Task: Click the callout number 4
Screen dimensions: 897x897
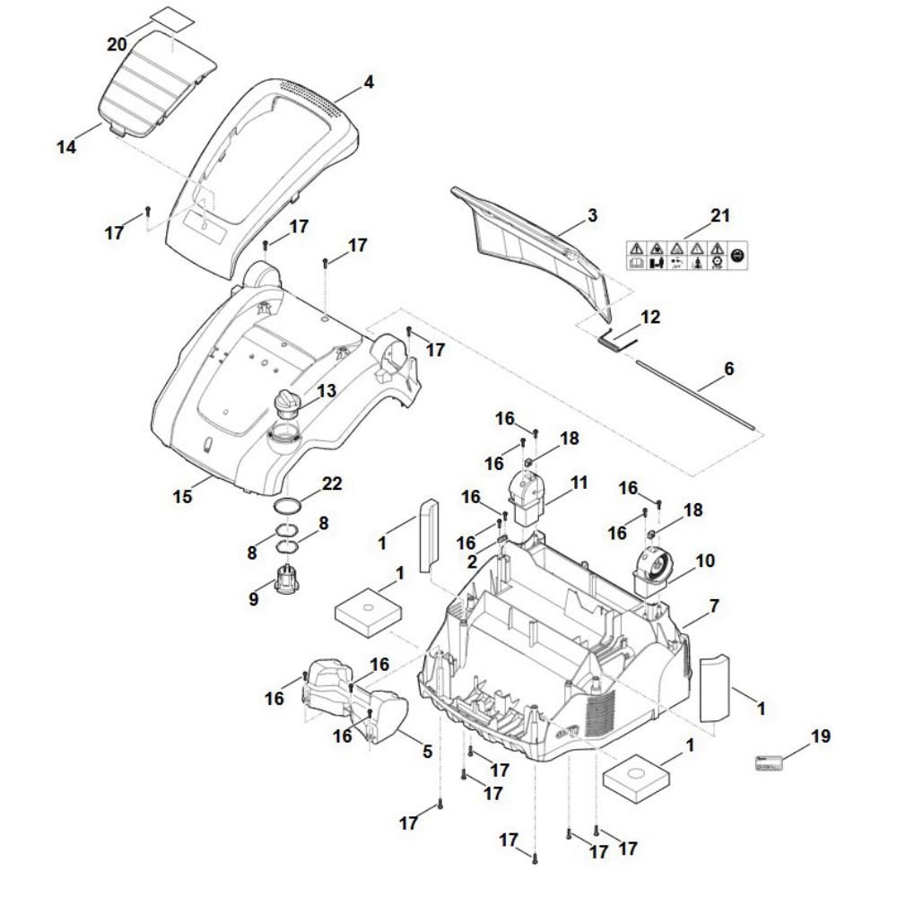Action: (368, 83)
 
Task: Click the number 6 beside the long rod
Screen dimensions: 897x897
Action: (728, 368)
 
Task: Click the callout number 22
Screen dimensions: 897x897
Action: (333, 483)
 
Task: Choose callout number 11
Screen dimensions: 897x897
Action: (579, 483)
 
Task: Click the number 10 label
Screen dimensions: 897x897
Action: (704, 561)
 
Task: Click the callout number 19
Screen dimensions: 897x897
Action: (819, 736)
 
